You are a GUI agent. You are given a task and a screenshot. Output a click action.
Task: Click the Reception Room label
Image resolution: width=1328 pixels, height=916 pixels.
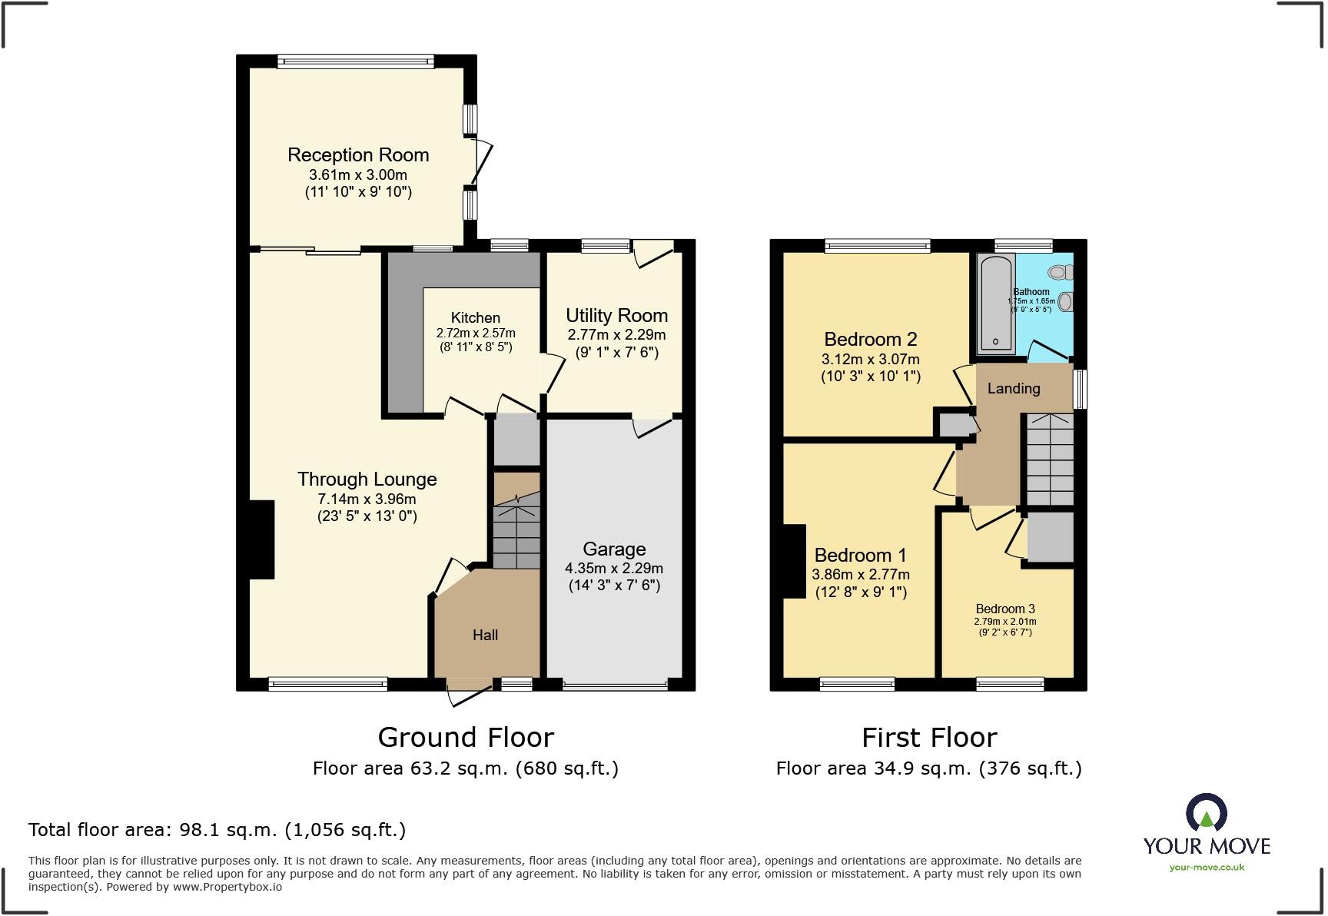358,155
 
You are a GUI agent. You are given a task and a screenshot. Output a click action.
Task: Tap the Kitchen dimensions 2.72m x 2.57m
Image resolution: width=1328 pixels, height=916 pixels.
475,334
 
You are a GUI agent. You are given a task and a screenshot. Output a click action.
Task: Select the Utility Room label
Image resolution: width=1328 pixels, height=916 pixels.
616,316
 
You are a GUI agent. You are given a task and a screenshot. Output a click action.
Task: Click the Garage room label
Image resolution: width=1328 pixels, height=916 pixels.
613,549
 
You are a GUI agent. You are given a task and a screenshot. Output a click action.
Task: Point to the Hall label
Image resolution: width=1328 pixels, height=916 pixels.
485,636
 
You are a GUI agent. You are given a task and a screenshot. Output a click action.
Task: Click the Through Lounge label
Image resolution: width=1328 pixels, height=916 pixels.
367,480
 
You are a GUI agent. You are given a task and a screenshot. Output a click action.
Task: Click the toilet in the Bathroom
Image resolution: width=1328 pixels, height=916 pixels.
1061,271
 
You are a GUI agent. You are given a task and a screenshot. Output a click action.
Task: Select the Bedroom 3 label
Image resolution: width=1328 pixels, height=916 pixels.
1005,609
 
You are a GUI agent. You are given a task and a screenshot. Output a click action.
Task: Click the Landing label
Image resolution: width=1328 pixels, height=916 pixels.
1013,389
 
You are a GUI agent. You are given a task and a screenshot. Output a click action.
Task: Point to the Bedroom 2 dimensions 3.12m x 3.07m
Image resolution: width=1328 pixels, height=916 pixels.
870,360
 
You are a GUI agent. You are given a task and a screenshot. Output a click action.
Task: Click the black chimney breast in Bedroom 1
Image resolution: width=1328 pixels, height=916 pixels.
795,561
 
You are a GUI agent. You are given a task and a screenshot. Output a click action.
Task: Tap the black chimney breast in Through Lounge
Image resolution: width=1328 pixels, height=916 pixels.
261,539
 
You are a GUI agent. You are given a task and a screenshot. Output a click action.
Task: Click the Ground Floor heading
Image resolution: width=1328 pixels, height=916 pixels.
466,738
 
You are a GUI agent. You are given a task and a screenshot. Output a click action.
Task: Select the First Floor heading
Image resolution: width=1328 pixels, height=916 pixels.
928,738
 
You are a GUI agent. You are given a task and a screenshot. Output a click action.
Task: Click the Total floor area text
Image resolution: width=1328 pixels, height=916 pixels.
217,830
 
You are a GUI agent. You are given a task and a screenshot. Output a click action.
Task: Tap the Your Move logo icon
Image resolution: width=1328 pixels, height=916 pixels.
1206,813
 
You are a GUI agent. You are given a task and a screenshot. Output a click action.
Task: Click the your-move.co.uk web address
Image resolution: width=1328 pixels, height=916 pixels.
1207,868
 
